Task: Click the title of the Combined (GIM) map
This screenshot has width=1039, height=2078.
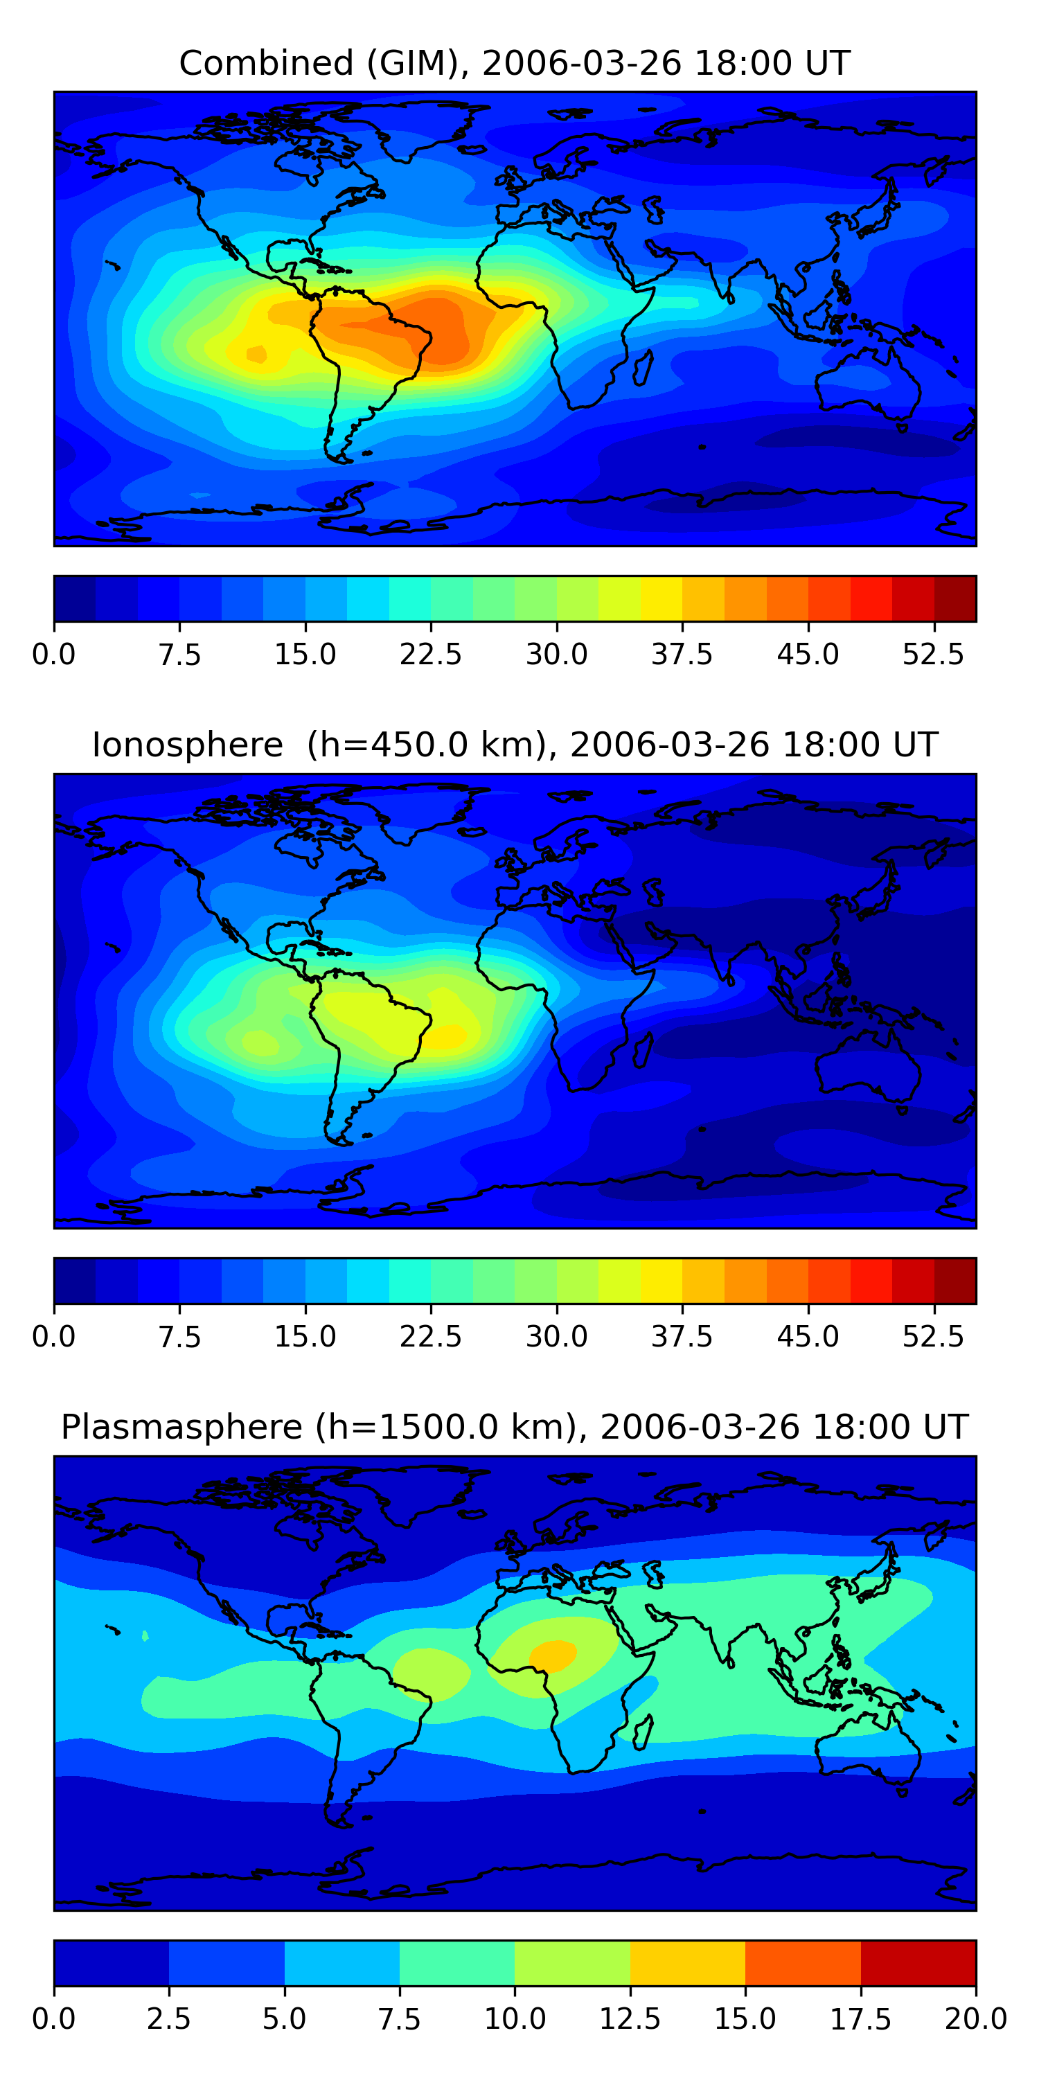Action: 515,63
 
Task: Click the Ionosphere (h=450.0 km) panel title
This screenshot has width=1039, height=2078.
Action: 515,745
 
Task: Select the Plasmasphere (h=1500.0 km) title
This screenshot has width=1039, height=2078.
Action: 515,1427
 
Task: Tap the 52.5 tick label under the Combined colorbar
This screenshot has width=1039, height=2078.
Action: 932,654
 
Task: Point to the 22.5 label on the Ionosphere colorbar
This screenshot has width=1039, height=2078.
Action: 431,1337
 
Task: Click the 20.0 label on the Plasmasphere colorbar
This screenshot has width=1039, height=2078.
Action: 975,2019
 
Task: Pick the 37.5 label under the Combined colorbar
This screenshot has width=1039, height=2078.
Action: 682,654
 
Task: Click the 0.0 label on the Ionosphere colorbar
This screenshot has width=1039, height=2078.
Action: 54,1337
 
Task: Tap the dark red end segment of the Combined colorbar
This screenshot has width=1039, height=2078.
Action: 955,598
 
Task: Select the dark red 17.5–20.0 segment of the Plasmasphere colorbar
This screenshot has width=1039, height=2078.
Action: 918,1962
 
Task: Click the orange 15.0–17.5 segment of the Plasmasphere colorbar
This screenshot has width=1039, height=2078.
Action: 803,1962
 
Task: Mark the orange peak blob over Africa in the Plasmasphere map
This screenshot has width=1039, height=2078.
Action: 553,1655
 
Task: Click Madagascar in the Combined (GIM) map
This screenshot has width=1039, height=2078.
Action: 643,367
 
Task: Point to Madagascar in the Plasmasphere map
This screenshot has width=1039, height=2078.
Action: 643,1731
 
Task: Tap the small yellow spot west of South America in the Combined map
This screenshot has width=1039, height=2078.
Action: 256,353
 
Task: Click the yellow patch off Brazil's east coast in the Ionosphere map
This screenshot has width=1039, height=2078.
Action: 446,1035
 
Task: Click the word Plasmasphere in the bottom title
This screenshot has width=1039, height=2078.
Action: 181,1427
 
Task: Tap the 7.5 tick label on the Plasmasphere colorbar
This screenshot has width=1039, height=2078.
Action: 399,2019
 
